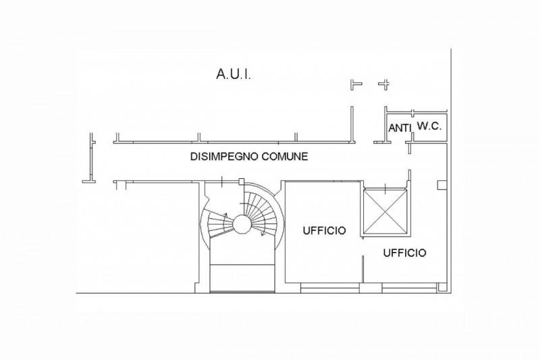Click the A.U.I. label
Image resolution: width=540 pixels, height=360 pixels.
pyautogui.click(x=234, y=74)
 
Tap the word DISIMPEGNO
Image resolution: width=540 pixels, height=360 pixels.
pyautogui.click(x=224, y=157)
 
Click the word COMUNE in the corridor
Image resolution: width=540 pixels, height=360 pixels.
pyautogui.click(x=285, y=157)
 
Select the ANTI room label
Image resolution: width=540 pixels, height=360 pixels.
pyautogui.click(x=400, y=128)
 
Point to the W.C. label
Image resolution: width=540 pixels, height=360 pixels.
pyautogui.click(x=429, y=126)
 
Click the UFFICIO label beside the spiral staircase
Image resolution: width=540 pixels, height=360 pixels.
pyautogui.click(x=325, y=230)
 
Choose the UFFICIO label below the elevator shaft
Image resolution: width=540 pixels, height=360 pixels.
pyautogui.click(x=404, y=253)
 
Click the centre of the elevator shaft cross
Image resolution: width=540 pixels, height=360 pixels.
pyautogui.click(x=385, y=211)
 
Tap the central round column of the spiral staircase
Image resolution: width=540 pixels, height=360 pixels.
pyautogui.click(x=242, y=224)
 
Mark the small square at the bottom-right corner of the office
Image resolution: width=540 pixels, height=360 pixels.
pyautogui.click(x=442, y=287)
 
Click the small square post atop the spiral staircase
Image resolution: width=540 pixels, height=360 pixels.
pyautogui.click(x=242, y=181)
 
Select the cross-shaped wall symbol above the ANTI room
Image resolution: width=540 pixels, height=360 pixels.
pyautogui.click(x=384, y=84)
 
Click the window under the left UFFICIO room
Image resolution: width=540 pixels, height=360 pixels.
pyautogui.click(x=330, y=288)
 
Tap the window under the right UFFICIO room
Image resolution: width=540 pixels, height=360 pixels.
pyautogui.click(x=410, y=288)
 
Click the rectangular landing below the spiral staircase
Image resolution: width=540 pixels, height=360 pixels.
pyautogui.click(x=242, y=278)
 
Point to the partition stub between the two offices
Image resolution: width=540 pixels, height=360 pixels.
pyautogui.click(x=363, y=269)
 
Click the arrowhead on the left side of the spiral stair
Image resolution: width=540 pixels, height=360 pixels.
pyautogui.click(x=225, y=215)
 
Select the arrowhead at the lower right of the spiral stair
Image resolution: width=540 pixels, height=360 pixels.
pyautogui.click(x=262, y=233)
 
